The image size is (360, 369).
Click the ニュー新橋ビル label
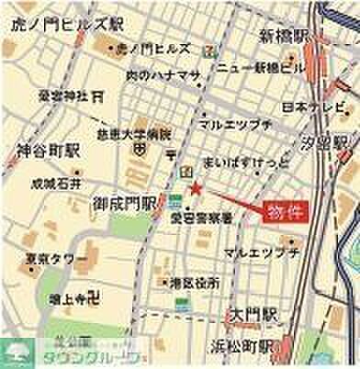point(256,69)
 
